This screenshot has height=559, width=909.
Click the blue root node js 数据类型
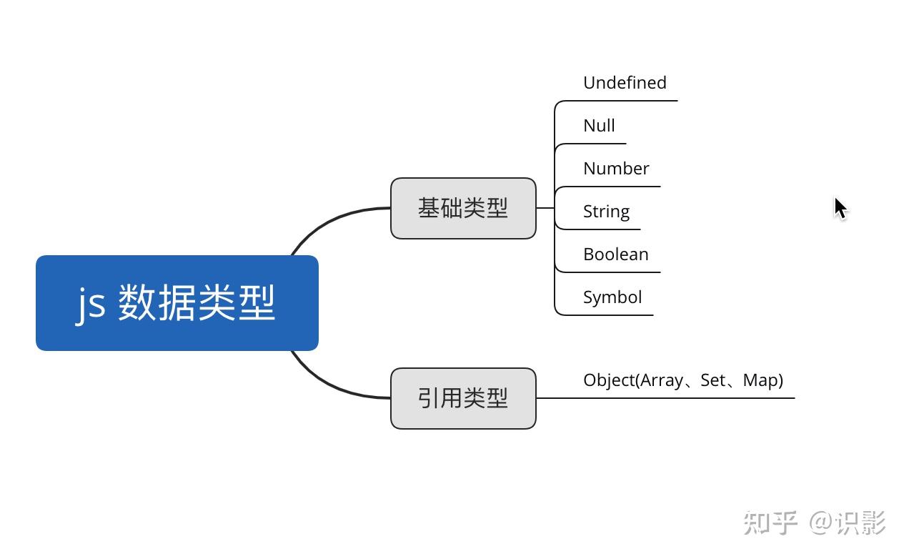pyautogui.click(x=177, y=303)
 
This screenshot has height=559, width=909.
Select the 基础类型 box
pyautogui.click(x=463, y=208)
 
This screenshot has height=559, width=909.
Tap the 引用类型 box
pyautogui.click(x=463, y=398)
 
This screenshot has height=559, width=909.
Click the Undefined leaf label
pyautogui.click(x=625, y=83)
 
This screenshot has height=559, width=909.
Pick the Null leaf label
pyautogui.click(x=599, y=126)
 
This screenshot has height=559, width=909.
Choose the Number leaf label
pyautogui.click(x=616, y=169)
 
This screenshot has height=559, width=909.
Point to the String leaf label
pyautogui.click(x=606, y=212)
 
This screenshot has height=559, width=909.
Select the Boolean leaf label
pyautogui.click(x=615, y=254)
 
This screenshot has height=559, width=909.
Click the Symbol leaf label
pyautogui.click(x=612, y=297)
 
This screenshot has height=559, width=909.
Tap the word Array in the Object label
pyautogui.click(x=662, y=380)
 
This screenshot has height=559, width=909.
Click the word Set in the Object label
pyautogui.click(x=713, y=380)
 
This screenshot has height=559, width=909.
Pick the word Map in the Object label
pyautogui.click(x=760, y=380)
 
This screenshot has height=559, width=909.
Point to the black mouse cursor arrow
pyautogui.click(x=840, y=208)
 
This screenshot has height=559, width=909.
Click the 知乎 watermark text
pyautogui.click(x=770, y=523)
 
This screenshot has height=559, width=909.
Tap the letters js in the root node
pyautogui.click(x=91, y=303)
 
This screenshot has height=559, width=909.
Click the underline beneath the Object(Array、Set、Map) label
pyautogui.click(x=665, y=398)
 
